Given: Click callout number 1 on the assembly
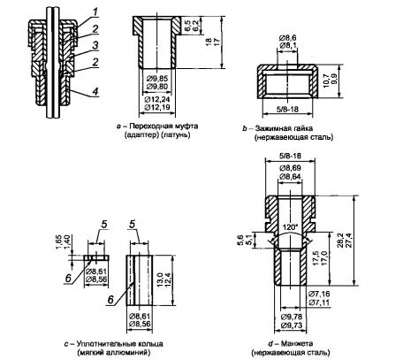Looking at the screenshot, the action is (x=95, y=12).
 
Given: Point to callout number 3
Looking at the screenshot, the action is (x=95, y=45).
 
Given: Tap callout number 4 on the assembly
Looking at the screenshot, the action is (x=95, y=91).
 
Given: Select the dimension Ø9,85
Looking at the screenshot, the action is (x=156, y=79).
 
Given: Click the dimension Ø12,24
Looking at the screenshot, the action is (x=157, y=99).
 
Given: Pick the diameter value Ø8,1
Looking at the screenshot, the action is (x=287, y=45).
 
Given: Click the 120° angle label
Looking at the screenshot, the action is (x=290, y=227).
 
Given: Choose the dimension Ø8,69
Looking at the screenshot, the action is (x=290, y=168).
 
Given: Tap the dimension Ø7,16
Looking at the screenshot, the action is (x=319, y=294).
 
